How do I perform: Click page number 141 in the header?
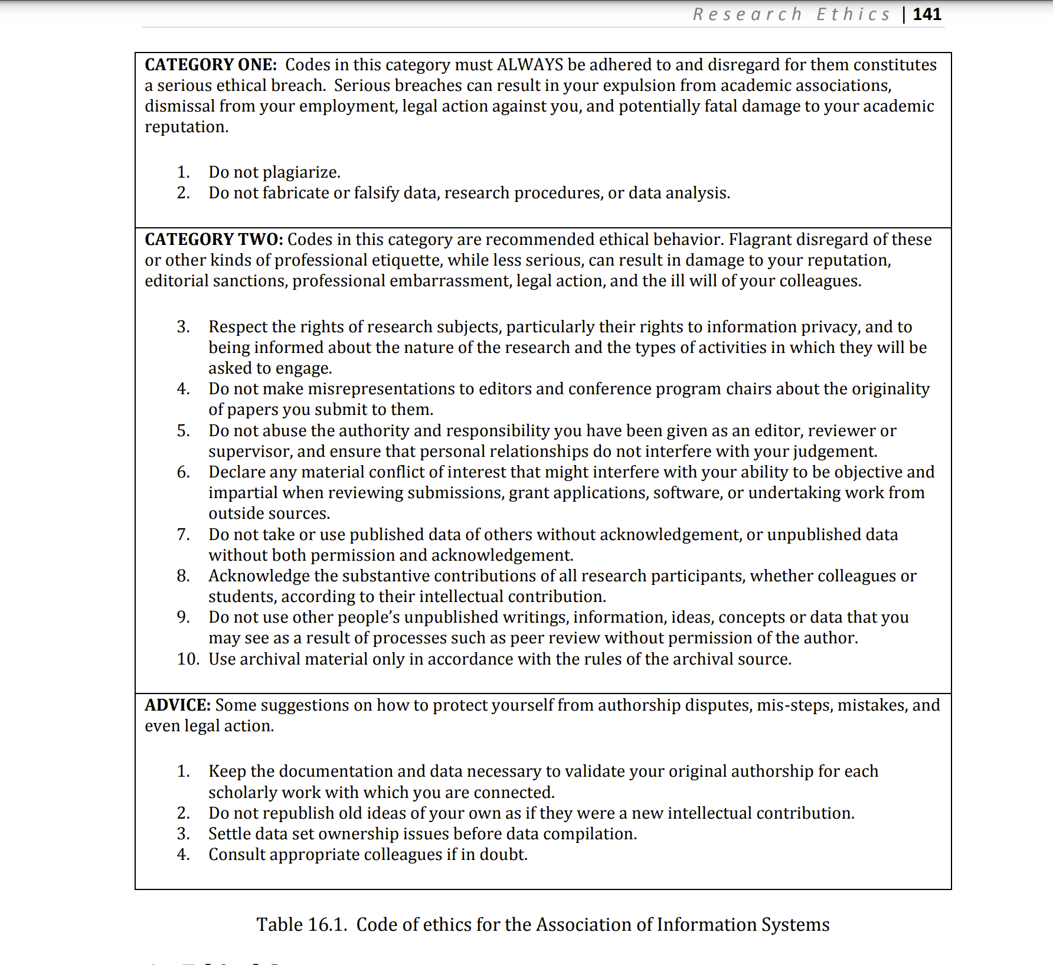click(927, 14)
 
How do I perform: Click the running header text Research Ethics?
click(792, 14)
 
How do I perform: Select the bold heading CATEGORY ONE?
click(211, 64)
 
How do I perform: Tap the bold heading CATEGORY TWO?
click(214, 239)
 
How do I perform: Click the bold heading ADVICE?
click(178, 705)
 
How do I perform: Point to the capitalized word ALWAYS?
click(530, 64)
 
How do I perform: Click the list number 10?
click(188, 659)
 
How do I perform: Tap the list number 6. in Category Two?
click(184, 472)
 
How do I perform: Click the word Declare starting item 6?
click(236, 472)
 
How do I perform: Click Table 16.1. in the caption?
click(302, 924)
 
